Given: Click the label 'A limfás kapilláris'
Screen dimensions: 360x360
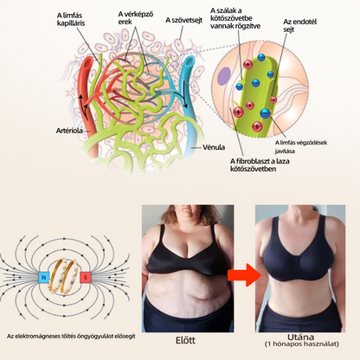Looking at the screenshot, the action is [x=71, y=19].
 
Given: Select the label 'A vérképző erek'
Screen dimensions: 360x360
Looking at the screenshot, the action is [x=135, y=17].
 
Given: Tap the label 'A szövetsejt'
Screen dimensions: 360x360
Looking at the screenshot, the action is [x=183, y=20].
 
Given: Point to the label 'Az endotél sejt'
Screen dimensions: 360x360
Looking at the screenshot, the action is [x=299, y=25].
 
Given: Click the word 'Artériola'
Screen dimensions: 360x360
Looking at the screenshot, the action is [x=69, y=131].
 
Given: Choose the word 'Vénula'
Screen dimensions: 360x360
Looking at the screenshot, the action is [x=214, y=147].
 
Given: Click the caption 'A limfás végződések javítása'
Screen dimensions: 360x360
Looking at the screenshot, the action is [x=301, y=146].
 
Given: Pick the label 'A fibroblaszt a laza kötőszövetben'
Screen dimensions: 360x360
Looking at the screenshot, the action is [x=260, y=164].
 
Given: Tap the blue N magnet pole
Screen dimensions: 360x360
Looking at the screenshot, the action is [x=44, y=278].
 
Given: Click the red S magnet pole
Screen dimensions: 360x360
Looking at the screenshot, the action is [x=86, y=278].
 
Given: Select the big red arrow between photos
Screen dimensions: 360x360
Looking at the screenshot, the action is [x=244, y=275].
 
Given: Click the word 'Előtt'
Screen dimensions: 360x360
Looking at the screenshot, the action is [x=185, y=340].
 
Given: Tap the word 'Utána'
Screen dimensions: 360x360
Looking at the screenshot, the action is [x=300, y=337].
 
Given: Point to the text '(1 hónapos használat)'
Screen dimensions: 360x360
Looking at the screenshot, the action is [x=301, y=344].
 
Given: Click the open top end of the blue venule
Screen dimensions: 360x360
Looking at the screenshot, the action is [x=190, y=61].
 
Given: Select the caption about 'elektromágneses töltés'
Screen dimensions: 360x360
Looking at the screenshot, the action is [x=71, y=337].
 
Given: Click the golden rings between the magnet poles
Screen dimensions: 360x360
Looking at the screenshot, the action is [x=65, y=277].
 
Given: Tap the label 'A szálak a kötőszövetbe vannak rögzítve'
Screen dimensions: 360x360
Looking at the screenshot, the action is [x=235, y=18].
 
